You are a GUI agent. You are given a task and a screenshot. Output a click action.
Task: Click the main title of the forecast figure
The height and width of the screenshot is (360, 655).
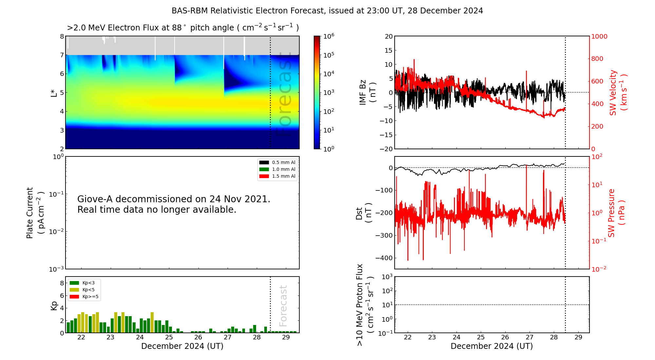pyautogui.click(x=327, y=11)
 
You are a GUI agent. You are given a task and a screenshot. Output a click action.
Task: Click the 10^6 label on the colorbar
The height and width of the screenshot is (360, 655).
pyautogui.click(x=329, y=36)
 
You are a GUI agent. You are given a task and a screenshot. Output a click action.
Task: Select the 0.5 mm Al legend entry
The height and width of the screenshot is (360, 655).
pyautogui.click(x=277, y=163)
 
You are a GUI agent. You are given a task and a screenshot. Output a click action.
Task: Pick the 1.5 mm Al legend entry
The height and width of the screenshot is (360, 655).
pyautogui.click(x=277, y=176)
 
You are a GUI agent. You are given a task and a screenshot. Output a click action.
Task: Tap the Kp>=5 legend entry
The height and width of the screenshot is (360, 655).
pyautogui.click(x=84, y=297)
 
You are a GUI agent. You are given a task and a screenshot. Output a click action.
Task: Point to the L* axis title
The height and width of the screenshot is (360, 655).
pyautogui.click(x=54, y=93)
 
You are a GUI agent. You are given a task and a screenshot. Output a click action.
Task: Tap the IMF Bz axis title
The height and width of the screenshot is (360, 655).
pyautogui.click(x=367, y=93)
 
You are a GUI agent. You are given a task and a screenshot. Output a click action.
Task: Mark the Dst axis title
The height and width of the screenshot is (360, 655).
pyautogui.click(x=364, y=213)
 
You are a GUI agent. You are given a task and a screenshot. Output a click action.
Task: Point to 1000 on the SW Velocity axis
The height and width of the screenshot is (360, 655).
pyautogui.click(x=599, y=36)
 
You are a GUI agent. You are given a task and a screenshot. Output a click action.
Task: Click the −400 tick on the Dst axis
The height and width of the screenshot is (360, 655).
pyautogui.click(x=384, y=258)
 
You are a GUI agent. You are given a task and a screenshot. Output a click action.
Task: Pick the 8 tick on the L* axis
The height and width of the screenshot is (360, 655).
pyautogui.click(x=62, y=36)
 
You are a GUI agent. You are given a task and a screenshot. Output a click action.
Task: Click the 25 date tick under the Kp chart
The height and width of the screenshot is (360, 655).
pyautogui.click(x=169, y=337)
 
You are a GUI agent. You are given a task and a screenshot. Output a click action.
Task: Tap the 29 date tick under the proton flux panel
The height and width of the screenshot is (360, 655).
pyautogui.click(x=578, y=337)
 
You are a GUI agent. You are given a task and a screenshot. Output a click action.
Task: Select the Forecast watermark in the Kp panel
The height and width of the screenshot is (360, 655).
pyautogui.click(x=283, y=306)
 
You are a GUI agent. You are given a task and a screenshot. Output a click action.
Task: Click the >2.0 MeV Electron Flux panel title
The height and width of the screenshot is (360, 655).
pyautogui.click(x=183, y=28)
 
